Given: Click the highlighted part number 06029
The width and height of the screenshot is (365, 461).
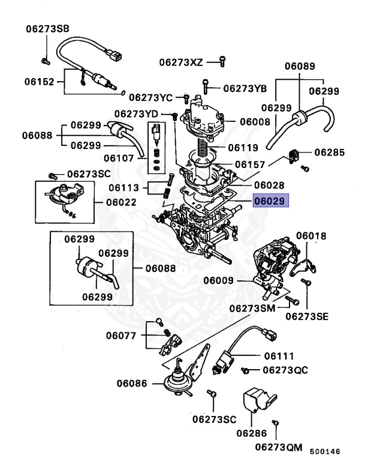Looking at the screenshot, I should pyautogui.click(x=270, y=201).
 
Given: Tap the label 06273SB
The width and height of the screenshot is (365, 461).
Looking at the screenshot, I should pyautogui.click(x=47, y=29).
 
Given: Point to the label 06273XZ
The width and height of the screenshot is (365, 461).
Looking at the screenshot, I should pyautogui.click(x=181, y=61).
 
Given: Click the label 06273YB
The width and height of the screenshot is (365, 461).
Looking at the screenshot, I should pyautogui.click(x=245, y=88).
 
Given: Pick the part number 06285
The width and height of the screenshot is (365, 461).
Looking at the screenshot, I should pyautogui.click(x=329, y=152).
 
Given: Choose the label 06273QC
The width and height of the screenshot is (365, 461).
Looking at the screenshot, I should pyautogui.click(x=285, y=369).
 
